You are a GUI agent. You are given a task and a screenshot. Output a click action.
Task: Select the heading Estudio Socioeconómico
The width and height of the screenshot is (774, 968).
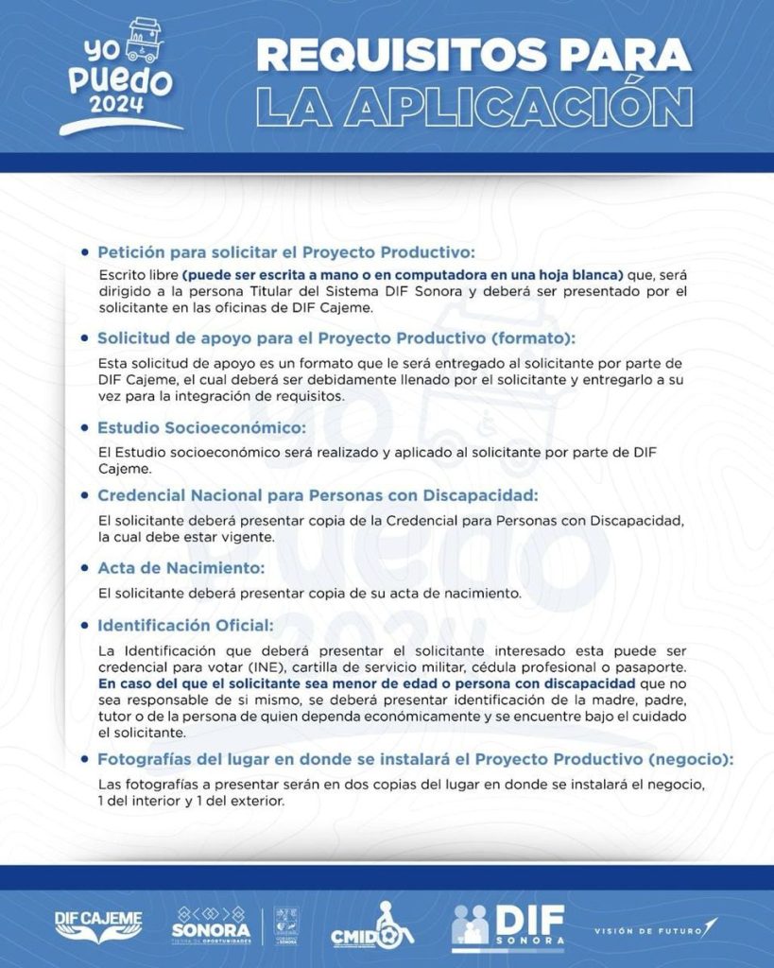coord(201,427)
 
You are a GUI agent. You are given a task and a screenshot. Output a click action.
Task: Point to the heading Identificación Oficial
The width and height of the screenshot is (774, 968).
coord(185,626)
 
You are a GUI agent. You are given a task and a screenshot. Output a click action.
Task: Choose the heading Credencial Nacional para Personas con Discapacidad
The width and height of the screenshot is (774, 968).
coord(318,495)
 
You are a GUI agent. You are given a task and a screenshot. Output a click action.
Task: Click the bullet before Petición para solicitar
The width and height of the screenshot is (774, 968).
coord(87,252)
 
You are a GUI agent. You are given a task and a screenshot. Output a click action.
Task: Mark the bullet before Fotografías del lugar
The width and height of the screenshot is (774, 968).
coord(87,759)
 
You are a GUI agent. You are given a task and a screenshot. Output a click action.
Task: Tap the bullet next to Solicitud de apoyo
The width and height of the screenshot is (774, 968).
coord(87,337)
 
